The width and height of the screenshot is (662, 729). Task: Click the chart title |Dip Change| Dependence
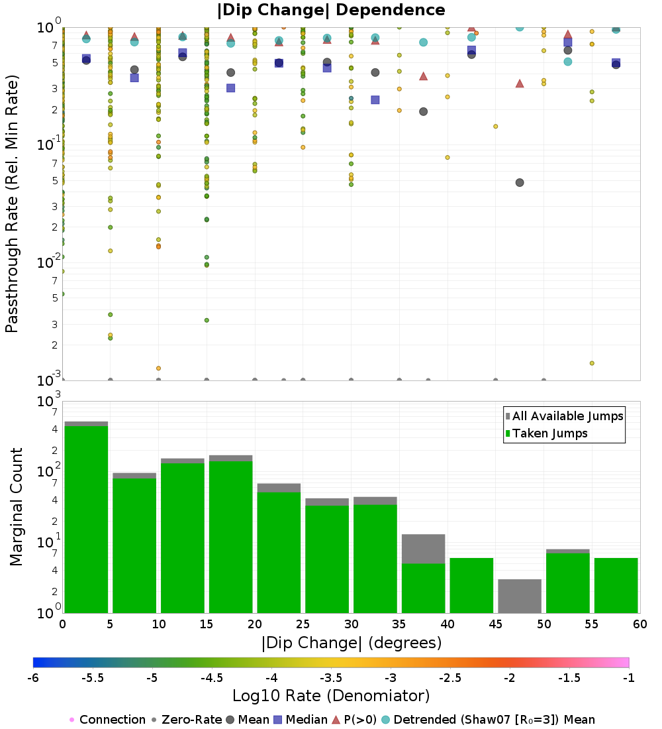click(331, 10)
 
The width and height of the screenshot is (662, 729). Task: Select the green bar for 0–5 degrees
click(86, 517)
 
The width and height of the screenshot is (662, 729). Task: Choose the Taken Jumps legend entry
click(545, 433)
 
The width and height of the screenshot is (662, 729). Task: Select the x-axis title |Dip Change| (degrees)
click(351, 643)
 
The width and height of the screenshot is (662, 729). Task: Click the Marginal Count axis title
click(17, 507)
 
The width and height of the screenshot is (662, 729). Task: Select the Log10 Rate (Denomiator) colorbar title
click(331, 696)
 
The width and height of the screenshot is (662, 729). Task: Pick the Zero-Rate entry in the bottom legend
click(185, 720)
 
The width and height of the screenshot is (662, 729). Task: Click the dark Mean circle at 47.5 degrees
click(520, 182)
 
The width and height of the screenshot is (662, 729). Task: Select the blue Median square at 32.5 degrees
click(375, 100)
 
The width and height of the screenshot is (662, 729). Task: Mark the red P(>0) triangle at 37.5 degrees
click(424, 76)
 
